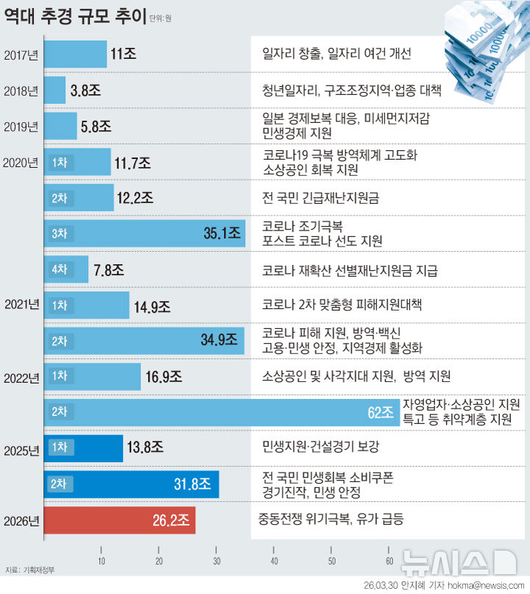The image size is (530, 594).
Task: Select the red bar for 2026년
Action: coord(119,520)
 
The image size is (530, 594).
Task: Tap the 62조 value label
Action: coord(381,412)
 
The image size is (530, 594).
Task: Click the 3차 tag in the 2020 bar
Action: coord(59,233)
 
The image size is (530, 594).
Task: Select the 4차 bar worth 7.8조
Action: coord(66,269)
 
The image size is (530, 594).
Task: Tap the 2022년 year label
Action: coord(21,378)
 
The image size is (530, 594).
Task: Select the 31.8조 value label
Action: coord(192,484)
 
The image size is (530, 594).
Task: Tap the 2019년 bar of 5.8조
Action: coord(60,126)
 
